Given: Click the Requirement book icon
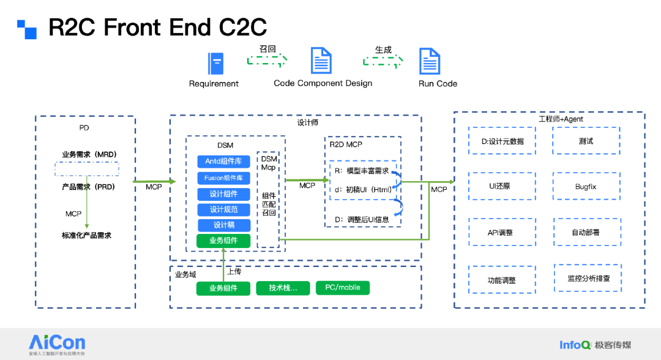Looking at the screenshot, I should pyautogui.click(x=215, y=64).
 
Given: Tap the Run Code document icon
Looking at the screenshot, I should pyautogui.click(x=430, y=62).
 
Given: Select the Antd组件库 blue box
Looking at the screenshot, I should pyautogui.click(x=223, y=162).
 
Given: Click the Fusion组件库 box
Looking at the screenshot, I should pyautogui.click(x=223, y=178).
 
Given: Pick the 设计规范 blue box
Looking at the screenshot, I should pyautogui.click(x=223, y=209).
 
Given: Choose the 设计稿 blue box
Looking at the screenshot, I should pyautogui.click(x=223, y=225).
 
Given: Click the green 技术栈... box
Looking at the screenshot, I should pyautogui.click(x=283, y=288).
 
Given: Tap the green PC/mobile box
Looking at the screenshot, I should pyautogui.click(x=343, y=288).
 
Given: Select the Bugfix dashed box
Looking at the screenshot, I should pyautogui.click(x=586, y=187).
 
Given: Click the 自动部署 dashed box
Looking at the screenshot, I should pyautogui.click(x=586, y=233).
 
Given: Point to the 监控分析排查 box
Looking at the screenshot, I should pyautogui.click(x=586, y=279).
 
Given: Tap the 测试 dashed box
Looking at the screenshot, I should pyautogui.click(x=586, y=141).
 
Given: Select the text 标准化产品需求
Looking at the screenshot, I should pyautogui.click(x=86, y=235).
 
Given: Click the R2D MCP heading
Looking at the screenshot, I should pyautogui.click(x=346, y=144).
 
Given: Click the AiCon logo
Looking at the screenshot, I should pyautogui.click(x=57, y=343).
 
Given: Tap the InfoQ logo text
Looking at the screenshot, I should pyautogui.click(x=575, y=345).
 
